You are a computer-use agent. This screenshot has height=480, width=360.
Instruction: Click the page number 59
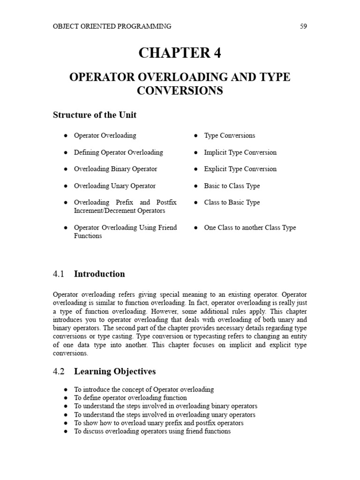tap(303, 26)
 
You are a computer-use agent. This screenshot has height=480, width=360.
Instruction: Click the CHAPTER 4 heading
tap(180, 53)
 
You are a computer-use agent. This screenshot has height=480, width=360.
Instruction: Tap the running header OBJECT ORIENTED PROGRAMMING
tap(112, 26)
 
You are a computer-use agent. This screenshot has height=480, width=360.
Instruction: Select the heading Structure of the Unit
tap(94, 115)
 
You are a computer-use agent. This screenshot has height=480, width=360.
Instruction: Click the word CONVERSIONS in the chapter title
tap(180, 90)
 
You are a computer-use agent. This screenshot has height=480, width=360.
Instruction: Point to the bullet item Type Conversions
tap(229, 135)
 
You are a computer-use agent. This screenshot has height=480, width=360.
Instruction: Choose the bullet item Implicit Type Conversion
tap(240, 152)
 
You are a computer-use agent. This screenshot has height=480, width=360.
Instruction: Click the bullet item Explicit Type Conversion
tap(240, 169)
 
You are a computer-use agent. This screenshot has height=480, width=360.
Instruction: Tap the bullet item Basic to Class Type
tap(232, 186)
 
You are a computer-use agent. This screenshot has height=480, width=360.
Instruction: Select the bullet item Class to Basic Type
tap(232, 202)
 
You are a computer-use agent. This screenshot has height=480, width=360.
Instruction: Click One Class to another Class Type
tap(250, 228)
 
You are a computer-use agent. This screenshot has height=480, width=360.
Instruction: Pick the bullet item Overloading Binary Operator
tap(115, 169)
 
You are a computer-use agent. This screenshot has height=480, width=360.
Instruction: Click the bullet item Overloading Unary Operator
tap(114, 186)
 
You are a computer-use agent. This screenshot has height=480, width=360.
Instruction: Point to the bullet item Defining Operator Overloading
tap(118, 152)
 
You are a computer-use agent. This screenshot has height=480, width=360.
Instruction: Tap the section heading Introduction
tap(99, 274)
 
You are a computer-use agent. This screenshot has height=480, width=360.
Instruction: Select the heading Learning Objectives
tap(115, 372)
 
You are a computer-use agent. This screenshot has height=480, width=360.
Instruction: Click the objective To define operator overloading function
tap(130, 398)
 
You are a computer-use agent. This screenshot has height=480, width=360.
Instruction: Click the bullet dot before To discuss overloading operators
tap(66, 432)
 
